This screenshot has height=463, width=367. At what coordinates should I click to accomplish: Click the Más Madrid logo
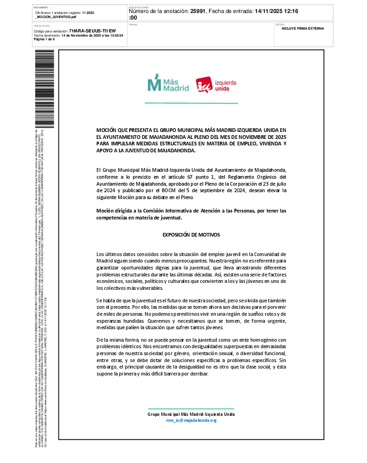(x=168, y=83)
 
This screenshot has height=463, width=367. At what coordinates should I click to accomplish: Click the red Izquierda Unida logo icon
(x=204, y=85)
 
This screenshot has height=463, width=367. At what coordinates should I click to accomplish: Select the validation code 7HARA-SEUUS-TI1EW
(x=92, y=31)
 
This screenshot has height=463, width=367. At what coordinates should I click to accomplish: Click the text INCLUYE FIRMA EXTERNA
(x=303, y=29)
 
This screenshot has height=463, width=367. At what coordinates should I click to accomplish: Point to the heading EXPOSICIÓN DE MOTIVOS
(x=191, y=235)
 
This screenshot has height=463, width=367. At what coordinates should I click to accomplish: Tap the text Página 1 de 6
(x=44, y=39)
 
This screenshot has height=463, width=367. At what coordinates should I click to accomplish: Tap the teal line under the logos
(x=191, y=103)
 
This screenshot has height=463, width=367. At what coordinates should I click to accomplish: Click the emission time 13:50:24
(x=114, y=35)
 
